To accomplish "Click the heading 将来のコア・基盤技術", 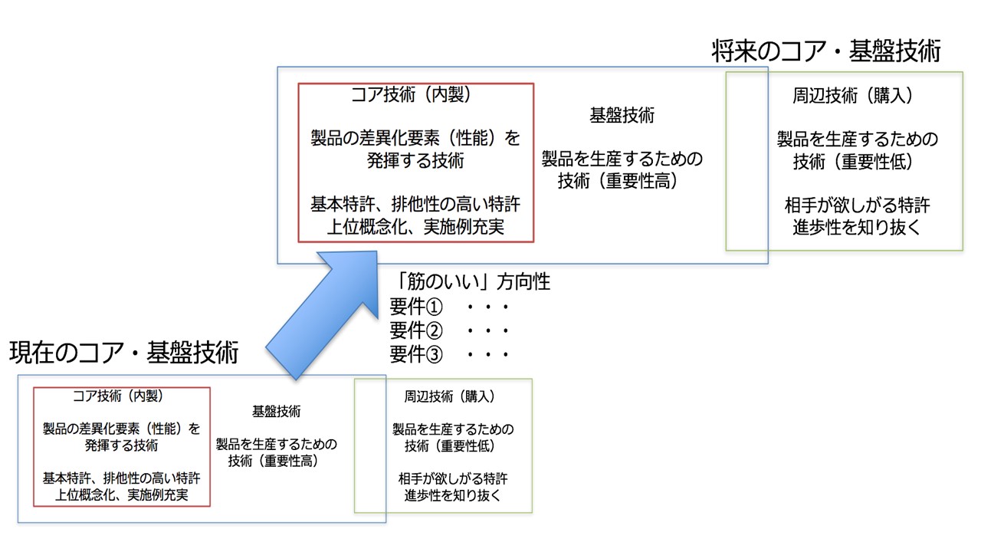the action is [826, 51].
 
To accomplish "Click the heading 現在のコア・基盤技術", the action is [124, 352].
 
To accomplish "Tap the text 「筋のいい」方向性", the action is [470, 281].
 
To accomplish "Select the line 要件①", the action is [416, 306].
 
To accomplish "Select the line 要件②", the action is [416, 330].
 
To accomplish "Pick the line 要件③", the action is [416, 354].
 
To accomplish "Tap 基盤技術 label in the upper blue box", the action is [622, 115].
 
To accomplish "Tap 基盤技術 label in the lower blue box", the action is [277, 412].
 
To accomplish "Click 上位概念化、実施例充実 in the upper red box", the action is [415, 226].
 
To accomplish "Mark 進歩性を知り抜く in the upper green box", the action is [857, 227].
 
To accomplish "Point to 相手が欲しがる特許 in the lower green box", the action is [453, 478].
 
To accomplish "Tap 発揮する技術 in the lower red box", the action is [121, 445].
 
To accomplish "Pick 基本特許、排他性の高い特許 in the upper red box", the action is [415, 204].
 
